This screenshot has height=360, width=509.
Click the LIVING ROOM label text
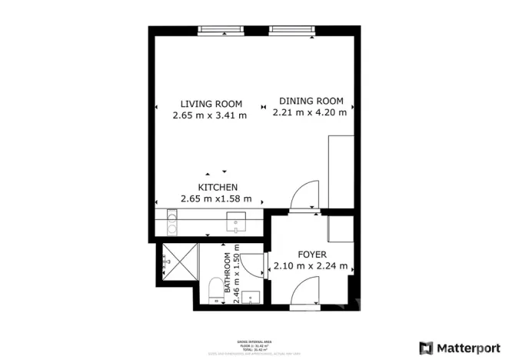click(x=211, y=104)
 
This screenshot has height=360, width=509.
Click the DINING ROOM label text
click(x=310, y=101)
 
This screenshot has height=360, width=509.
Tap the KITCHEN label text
click(x=218, y=187)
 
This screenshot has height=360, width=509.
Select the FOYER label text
click(x=312, y=255)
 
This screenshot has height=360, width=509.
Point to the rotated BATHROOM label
click(x=228, y=271)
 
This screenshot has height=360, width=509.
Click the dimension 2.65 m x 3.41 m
click(x=211, y=115)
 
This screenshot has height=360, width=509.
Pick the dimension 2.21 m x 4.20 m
click(x=310, y=112)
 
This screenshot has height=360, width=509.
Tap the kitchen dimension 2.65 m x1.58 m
click(x=216, y=198)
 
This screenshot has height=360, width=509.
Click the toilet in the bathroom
click(x=215, y=290)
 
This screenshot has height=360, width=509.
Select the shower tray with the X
click(x=175, y=261)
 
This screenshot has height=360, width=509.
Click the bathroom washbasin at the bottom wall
click(x=251, y=298)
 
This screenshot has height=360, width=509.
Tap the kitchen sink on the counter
click(x=236, y=224)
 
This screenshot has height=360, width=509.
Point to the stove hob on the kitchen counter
click(x=171, y=224)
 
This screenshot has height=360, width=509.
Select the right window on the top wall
click(x=292, y=31)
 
